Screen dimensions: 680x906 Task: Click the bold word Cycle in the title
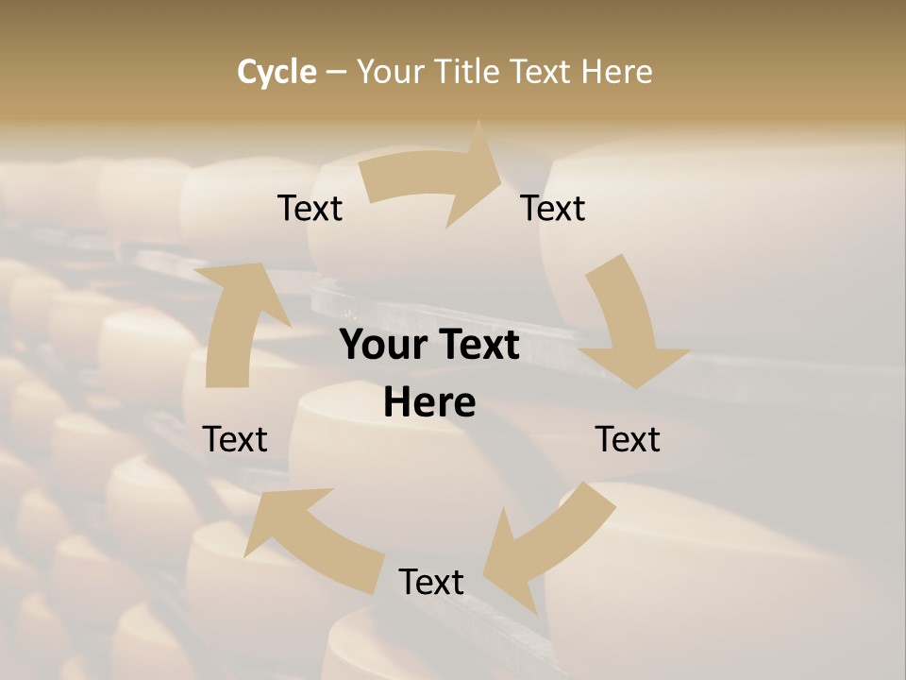coord(277,72)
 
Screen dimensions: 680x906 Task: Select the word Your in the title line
coord(390,72)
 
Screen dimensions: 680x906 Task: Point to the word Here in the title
coord(616,72)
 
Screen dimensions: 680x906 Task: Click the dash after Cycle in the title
coord(337,73)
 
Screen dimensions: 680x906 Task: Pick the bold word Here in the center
coord(429,402)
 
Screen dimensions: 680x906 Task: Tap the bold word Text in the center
coord(477,346)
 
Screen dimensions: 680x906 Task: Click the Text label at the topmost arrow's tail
coord(310,208)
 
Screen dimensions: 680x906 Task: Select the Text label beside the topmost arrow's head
coord(553,208)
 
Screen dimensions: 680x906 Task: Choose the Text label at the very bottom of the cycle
coord(431,582)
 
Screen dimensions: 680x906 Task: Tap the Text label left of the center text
coord(235,439)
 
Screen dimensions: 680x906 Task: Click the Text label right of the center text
coord(628,439)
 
